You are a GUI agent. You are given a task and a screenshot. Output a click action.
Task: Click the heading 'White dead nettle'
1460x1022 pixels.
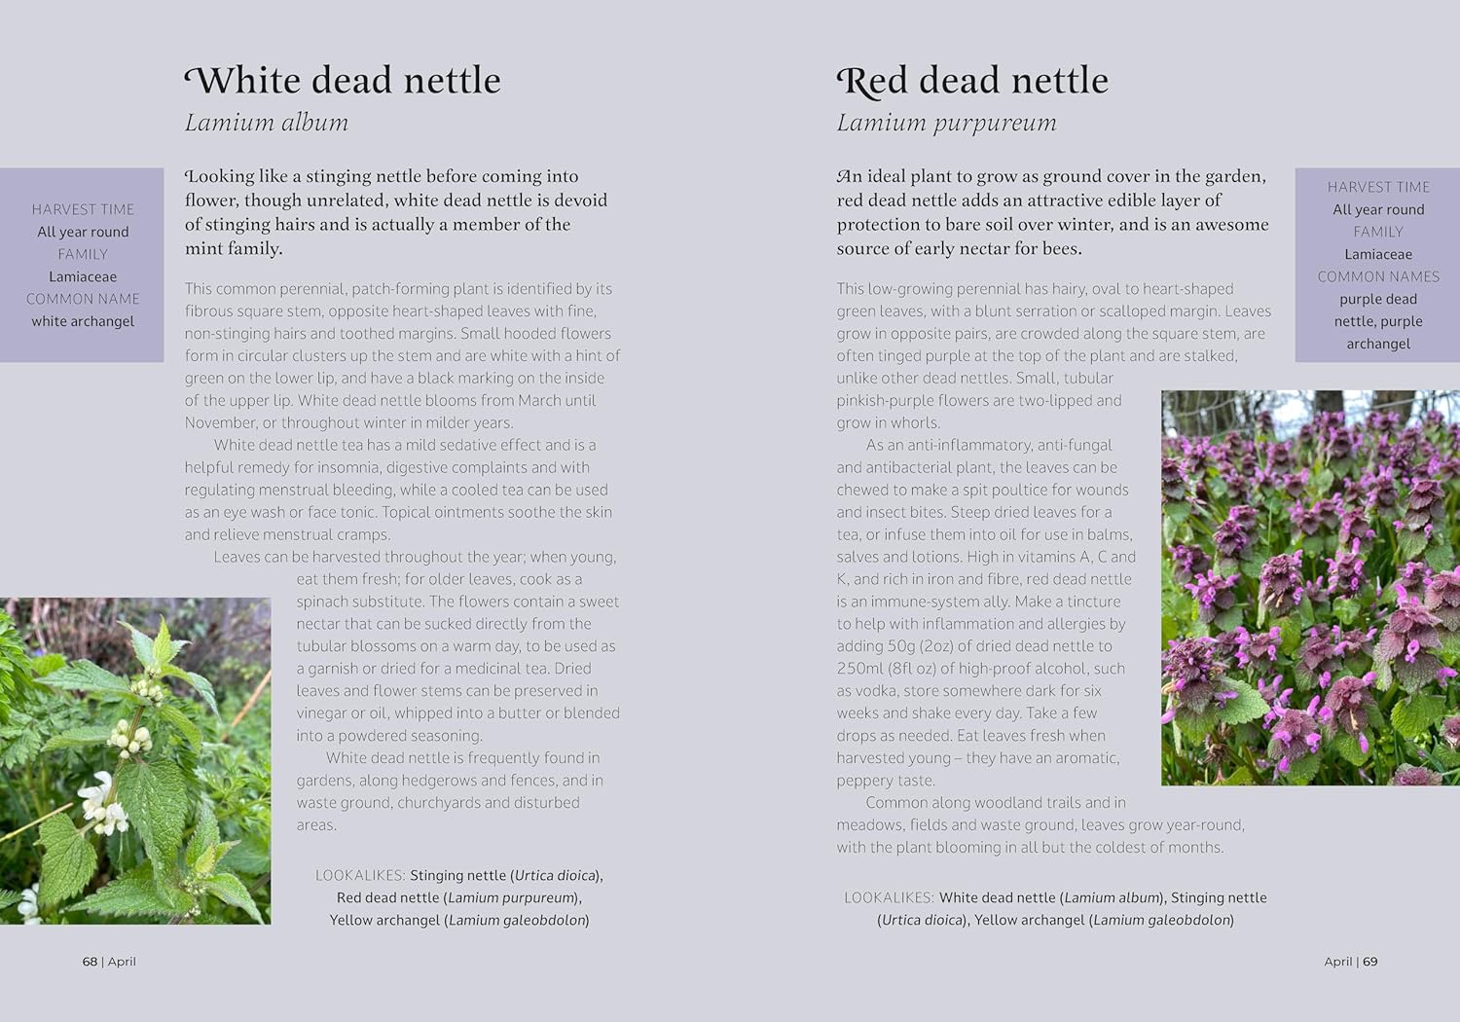click(x=343, y=80)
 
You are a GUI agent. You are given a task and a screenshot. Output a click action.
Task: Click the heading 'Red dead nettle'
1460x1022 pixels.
click(x=972, y=80)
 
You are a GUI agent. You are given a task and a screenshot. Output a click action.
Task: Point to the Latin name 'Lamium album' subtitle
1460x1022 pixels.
click(x=266, y=123)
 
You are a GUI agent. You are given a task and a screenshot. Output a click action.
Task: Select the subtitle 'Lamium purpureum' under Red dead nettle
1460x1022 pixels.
click(x=946, y=123)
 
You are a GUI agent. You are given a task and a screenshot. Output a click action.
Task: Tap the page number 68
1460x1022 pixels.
click(x=90, y=962)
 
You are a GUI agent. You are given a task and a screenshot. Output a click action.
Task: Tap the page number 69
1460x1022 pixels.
click(x=1370, y=962)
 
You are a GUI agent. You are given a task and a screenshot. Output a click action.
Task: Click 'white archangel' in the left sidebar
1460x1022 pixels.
click(x=83, y=321)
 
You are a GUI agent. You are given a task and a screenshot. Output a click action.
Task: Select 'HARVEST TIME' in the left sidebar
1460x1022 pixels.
click(x=83, y=209)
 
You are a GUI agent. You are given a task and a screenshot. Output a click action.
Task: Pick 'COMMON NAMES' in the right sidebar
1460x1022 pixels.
click(x=1378, y=276)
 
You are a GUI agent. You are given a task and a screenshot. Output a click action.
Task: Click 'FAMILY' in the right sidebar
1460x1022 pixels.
click(x=1378, y=232)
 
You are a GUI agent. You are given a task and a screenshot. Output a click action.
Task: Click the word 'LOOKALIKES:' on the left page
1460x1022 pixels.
click(x=359, y=876)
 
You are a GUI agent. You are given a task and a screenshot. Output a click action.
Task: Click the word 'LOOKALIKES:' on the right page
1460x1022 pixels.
click(x=889, y=897)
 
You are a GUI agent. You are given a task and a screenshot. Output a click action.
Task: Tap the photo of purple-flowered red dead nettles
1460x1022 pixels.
click(x=1310, y=588)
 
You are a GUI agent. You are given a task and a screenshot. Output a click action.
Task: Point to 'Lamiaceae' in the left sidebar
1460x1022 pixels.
click(x=83, y=276)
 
